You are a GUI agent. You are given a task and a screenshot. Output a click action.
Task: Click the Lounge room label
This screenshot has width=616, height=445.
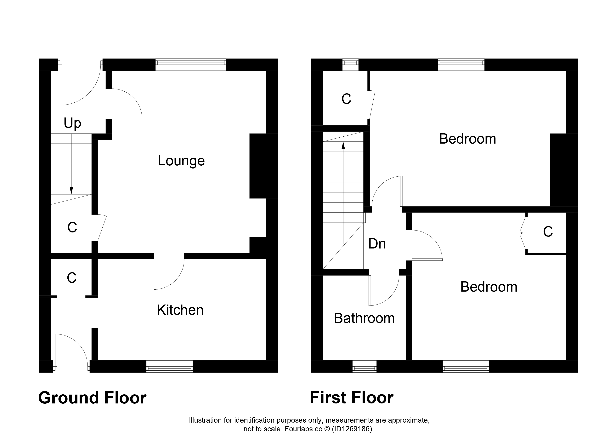(181, 161)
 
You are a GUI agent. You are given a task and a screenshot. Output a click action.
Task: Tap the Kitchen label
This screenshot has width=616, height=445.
(180, 310)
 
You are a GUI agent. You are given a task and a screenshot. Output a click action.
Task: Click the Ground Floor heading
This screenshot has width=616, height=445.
(92, 398)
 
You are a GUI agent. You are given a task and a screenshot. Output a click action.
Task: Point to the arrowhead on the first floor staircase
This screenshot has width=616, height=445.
(343, 146)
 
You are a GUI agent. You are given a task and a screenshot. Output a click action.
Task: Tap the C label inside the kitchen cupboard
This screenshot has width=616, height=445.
(72, 278)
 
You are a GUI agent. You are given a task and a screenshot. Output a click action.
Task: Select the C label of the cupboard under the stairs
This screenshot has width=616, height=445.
(72, 227)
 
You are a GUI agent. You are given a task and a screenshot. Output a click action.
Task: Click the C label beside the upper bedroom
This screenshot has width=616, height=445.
(346, 99)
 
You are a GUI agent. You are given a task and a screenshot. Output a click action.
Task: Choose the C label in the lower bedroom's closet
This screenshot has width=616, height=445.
(548, 232)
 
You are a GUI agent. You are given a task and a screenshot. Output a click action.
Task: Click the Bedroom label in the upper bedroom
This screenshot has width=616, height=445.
(467, 139)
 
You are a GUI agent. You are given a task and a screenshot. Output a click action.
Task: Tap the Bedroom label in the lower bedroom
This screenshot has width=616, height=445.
(489, 287)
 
